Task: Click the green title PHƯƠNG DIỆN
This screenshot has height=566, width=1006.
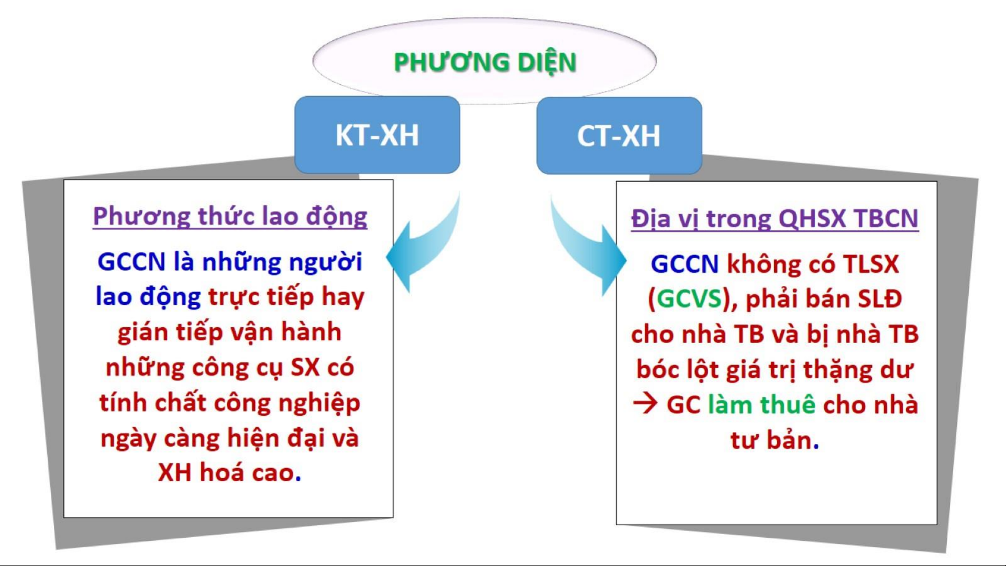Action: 485,62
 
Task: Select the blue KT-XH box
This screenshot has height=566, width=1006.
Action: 377,135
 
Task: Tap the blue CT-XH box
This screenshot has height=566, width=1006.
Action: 619,135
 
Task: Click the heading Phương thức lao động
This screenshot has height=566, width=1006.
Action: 230,217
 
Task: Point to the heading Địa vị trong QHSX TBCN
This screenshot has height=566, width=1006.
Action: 775,218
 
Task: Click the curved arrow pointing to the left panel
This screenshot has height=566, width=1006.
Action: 427,246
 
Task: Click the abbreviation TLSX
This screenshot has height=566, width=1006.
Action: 870,264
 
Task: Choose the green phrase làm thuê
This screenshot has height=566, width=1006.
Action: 761,405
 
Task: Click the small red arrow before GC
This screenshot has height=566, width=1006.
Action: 645,404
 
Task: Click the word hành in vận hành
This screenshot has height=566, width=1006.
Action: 311,331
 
